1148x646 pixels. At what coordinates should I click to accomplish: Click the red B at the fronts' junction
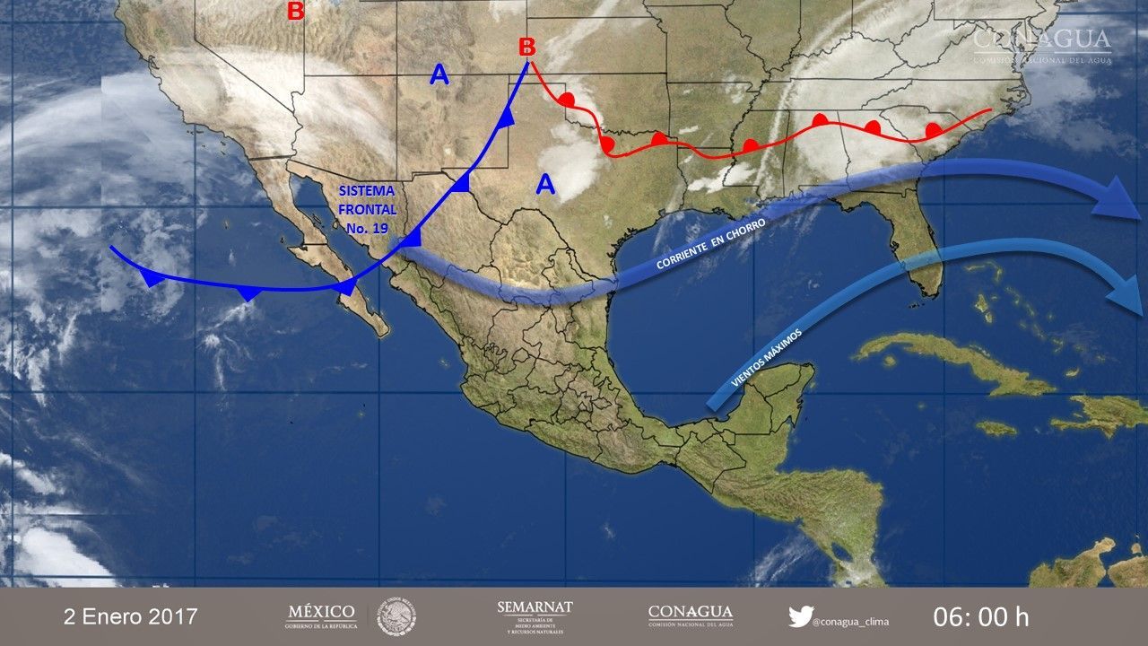[527, 46]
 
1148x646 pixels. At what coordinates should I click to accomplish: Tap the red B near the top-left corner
[294, 12]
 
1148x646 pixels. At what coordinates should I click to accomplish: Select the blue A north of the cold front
[439, 75]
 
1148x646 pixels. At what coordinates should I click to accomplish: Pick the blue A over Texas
[544, 185]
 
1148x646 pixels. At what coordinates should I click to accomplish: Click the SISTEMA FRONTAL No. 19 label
[364, 209]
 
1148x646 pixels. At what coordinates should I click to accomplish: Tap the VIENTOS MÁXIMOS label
[766, 358]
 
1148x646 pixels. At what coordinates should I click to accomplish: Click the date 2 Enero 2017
[131, 617]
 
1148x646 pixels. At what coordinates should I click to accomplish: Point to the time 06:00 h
[980, 617]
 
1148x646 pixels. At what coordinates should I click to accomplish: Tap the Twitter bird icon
[800, 616]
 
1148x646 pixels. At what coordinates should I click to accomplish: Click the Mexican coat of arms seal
[396, 616]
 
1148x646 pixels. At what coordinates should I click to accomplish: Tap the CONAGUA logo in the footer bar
[690, 615]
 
